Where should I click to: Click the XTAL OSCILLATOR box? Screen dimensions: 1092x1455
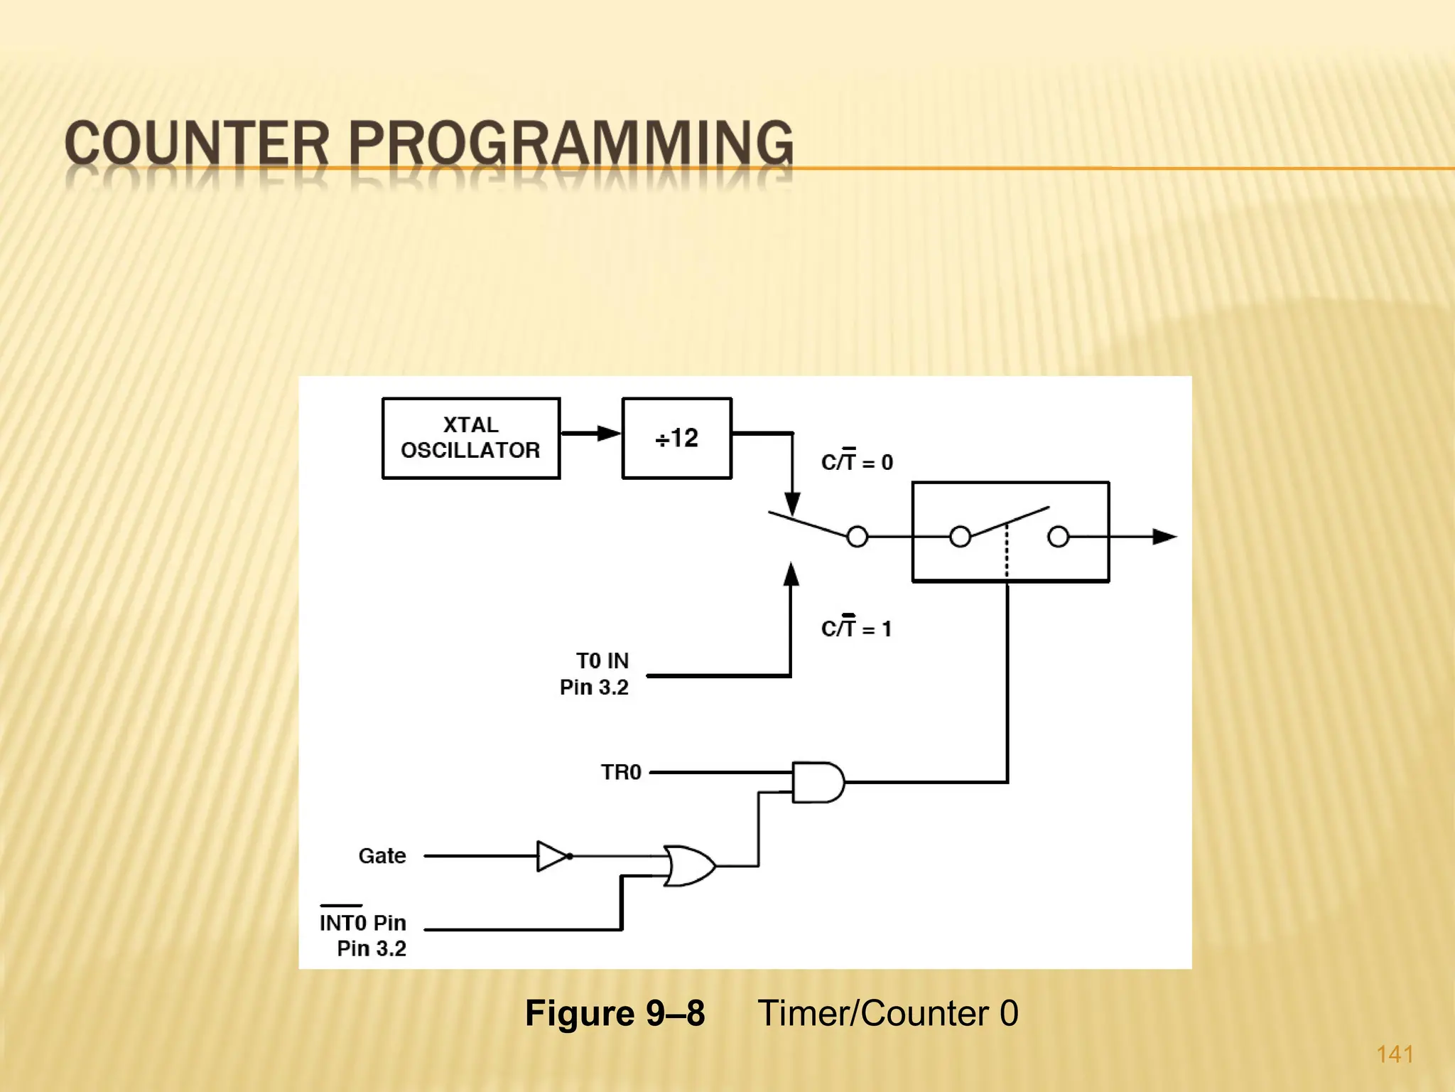click(x=470, y=438)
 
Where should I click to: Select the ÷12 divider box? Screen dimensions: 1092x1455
click(x=676, y=438)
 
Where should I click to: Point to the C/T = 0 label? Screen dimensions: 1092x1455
click(x=857, y=461)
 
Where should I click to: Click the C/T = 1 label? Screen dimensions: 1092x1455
click(x=856, y=628)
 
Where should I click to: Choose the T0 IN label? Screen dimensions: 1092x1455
click(x=602, y=660)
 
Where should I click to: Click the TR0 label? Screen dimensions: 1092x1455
click(x=621, y=772)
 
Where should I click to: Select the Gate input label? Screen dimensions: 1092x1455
click(x=382, y=855)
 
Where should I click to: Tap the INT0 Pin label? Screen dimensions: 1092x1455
click(x=362, y=922)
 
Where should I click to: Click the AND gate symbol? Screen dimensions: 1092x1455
click(x=818, y=782)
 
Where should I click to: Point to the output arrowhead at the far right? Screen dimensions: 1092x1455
click(x=1164, y=537)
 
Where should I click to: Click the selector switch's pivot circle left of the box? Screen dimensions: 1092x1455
click(x=858, y=537)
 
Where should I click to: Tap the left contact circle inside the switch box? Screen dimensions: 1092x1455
click(x=960, y=537)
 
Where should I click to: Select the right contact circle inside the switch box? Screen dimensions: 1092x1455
click(x=1058, y=537)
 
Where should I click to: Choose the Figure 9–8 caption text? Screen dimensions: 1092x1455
click(x=615, y=1012)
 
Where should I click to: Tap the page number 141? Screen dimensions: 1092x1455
click(x=1395, y=1054)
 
